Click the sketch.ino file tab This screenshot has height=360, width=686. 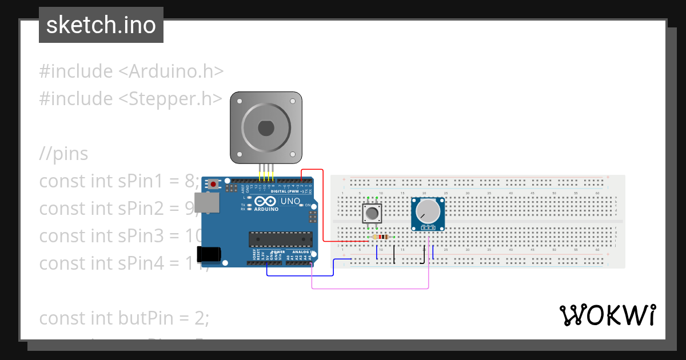(x=101, y=25)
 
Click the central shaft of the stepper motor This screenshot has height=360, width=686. (x=266, y=127)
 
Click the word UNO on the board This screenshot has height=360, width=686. (x=290, y=201)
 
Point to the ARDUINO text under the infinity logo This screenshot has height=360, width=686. (x=266, y=209)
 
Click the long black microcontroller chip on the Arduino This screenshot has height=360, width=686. (x=281, y=240)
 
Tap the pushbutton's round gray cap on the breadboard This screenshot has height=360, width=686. (x=372, y=214)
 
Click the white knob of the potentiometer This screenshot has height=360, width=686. (x=426, y=212)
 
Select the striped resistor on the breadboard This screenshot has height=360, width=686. (x=380, y=237)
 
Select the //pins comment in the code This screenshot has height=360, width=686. (x=63, y=153)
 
